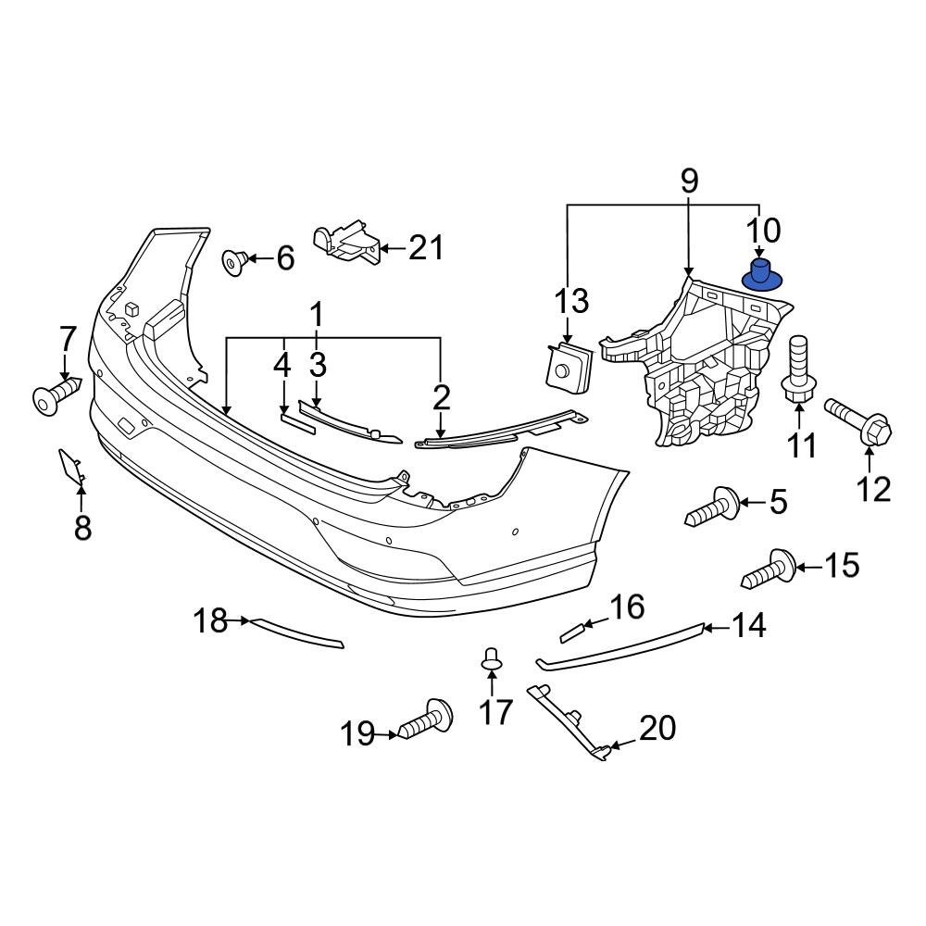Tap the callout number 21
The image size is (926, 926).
[426, 248]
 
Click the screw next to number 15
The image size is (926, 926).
[770, 567]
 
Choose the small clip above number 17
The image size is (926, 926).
[492, 660]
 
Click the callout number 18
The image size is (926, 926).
[210, 620]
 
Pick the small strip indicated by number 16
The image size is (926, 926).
[573, 632]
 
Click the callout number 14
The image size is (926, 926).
[748, 627]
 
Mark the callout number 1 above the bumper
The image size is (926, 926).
[317, 317]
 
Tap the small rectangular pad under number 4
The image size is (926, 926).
[298, 419]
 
